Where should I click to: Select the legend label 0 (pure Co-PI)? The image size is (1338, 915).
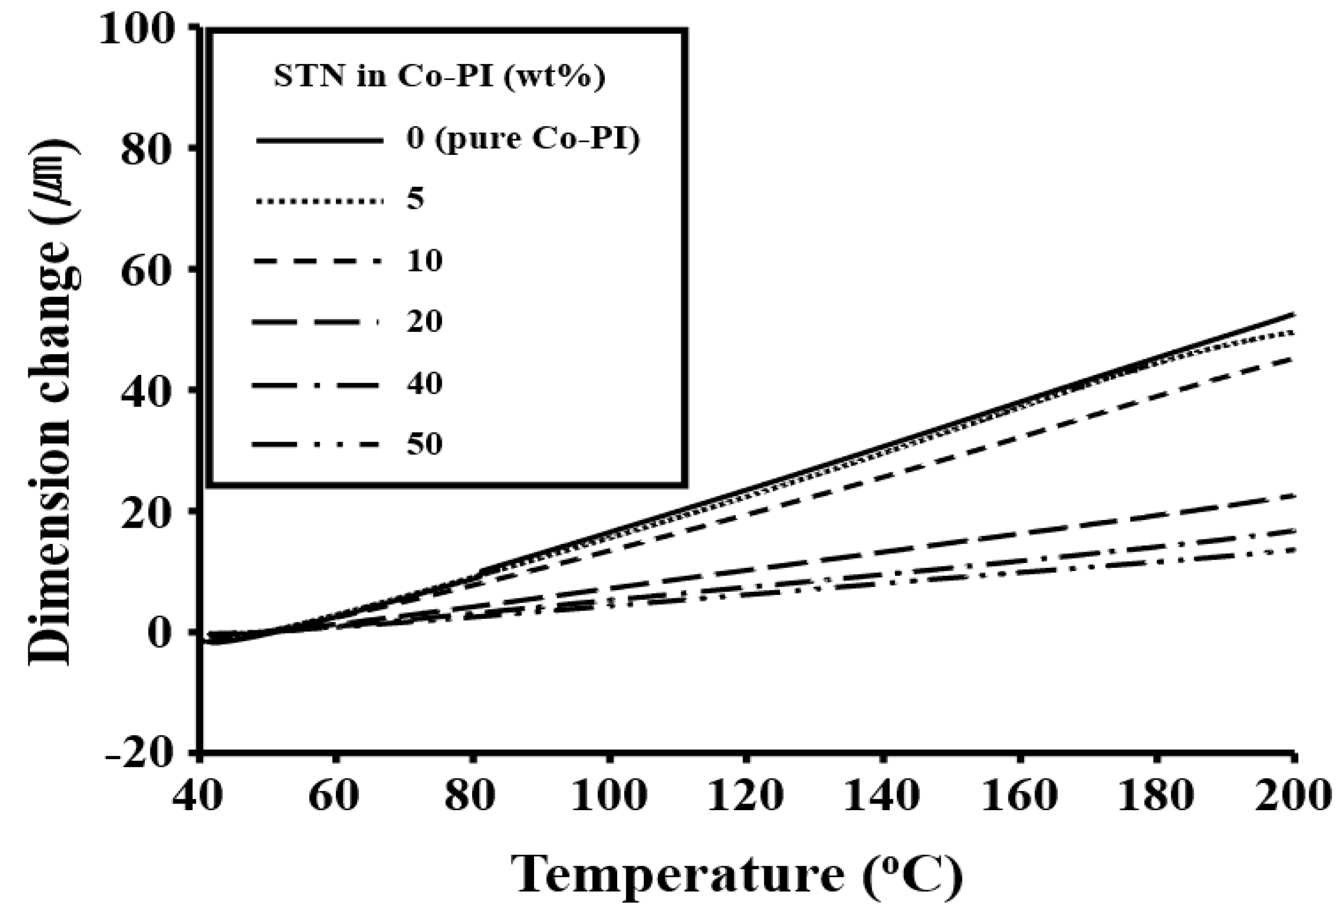[x=523, y=140]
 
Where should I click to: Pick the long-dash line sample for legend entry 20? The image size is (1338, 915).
[x=316, y=323]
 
